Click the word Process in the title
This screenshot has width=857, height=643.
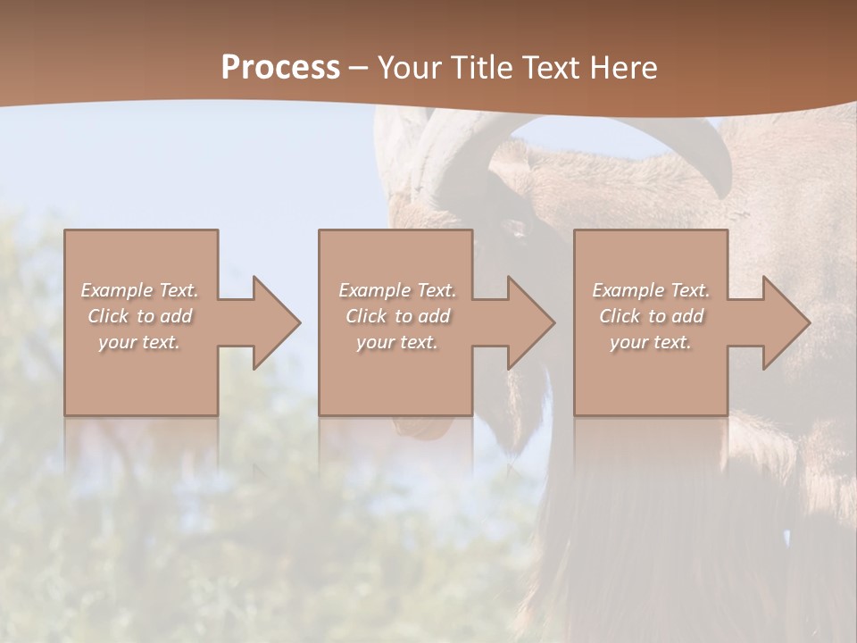point(280,68)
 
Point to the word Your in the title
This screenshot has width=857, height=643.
point(408,68)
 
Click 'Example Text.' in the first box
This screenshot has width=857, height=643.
point(140,290)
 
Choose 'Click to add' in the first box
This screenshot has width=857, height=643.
point(140,316)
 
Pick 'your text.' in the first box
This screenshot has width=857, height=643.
point(140,342)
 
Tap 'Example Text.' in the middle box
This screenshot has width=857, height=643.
point(397,290)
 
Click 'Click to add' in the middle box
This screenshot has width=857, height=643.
point(397,316)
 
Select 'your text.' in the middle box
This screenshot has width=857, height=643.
point(397,342)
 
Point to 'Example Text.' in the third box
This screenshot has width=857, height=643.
point(651,290)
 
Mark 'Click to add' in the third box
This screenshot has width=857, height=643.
point(651,316)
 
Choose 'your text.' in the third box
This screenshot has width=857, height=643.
point(651,342)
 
